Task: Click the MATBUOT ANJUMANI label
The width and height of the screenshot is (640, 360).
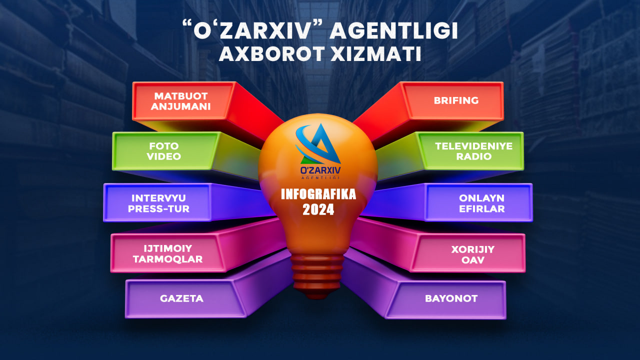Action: (180, 101)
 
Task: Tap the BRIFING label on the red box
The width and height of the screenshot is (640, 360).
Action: (456, 100)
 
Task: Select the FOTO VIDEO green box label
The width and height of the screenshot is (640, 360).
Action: (163, 151)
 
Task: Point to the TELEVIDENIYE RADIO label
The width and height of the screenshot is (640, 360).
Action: (473, 151)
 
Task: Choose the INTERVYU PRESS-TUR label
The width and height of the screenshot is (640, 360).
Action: (158, 203)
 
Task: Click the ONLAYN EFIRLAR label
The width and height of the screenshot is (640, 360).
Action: (481, 203)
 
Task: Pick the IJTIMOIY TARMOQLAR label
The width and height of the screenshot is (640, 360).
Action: (167, 253)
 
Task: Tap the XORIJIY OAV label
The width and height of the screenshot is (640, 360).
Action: (473, 254)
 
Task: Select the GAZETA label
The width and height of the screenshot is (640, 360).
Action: (181, 298)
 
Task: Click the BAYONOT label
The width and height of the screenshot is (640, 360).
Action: (451, 298)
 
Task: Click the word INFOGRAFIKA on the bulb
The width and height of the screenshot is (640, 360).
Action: (318, 194)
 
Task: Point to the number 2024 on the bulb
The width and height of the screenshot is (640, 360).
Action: (318, 209)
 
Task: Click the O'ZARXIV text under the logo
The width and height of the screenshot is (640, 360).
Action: (320, 170)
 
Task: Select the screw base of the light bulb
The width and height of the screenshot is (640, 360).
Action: (317, 274)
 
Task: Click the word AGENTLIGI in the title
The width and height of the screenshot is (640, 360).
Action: (393, 31)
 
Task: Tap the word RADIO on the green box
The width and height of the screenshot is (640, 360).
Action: (473, 156)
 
